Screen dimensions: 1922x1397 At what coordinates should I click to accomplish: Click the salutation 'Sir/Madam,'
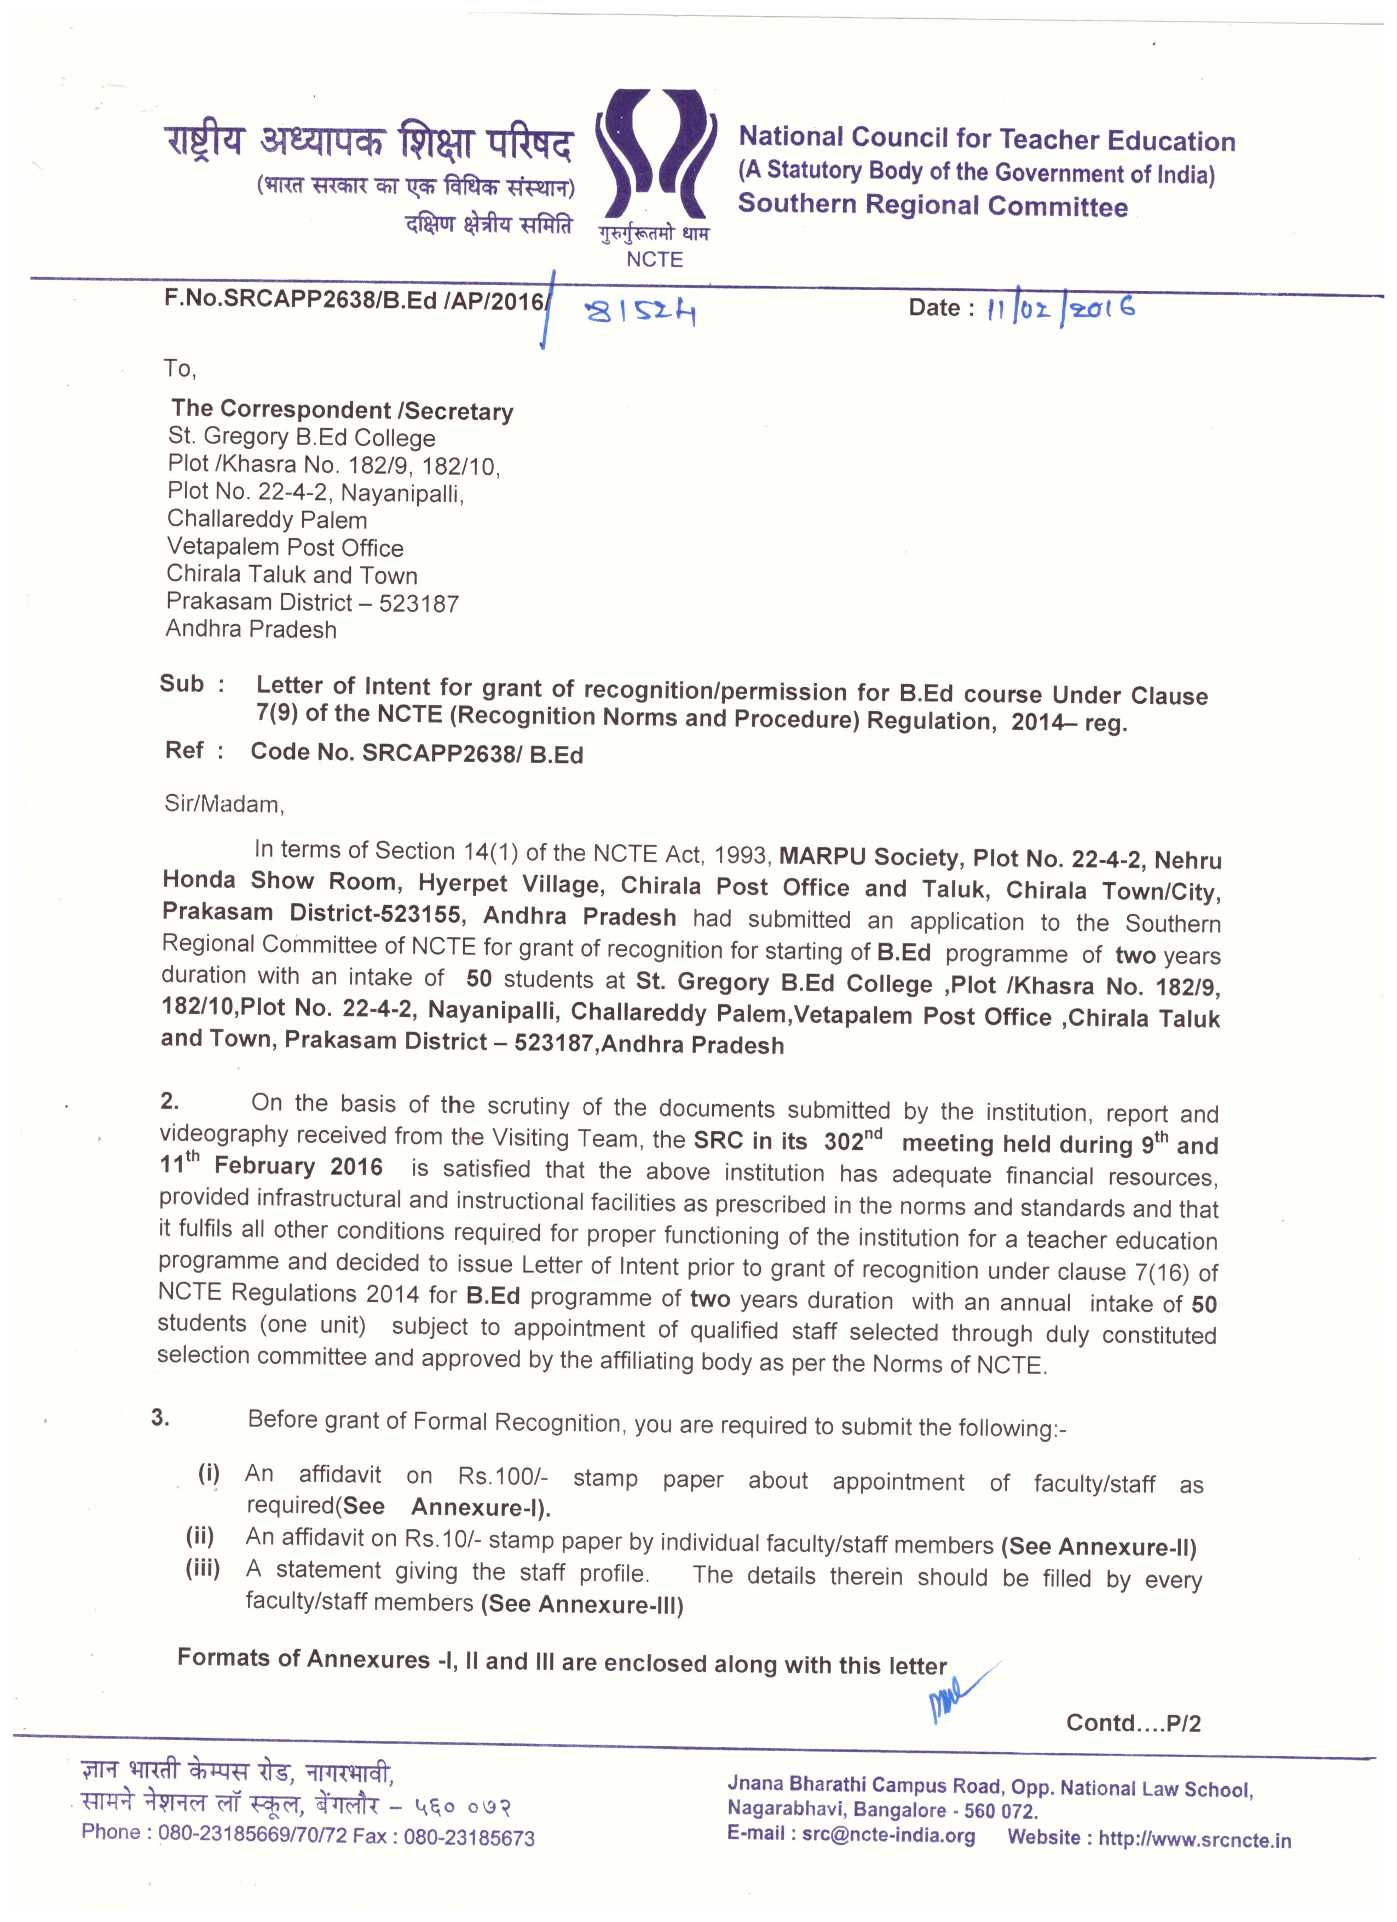[224, 803]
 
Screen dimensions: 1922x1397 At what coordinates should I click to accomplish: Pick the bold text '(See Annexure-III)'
[581, 1604]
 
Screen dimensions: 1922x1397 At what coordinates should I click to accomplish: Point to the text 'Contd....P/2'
[1133, 1723]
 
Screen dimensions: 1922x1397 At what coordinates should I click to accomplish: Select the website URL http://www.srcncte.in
[1194, 1838]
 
